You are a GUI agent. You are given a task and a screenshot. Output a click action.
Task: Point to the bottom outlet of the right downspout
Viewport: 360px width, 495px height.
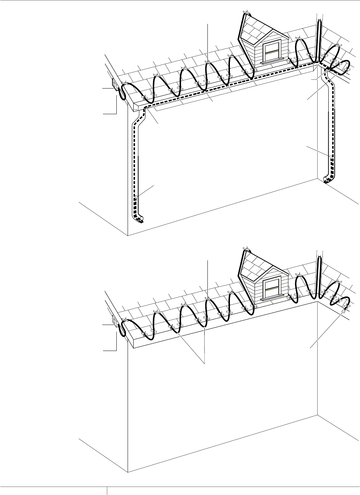click(327, 180)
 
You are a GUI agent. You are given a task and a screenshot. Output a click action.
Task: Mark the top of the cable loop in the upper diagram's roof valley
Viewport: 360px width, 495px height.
click(319, 22)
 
